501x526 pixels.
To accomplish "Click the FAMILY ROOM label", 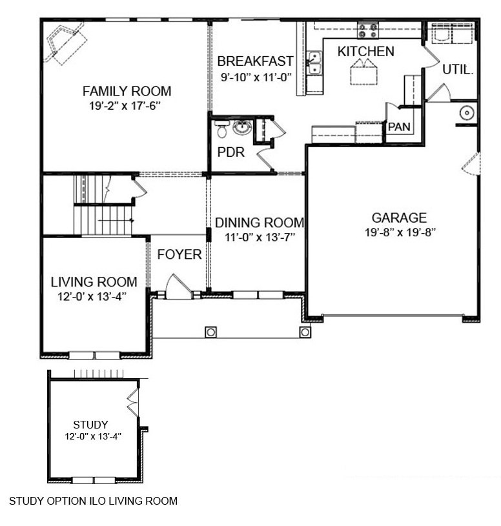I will [127, 91].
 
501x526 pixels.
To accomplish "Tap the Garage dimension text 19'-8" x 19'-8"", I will [398, 233].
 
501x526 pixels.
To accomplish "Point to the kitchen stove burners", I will [368, 30].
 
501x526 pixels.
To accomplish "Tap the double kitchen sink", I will [315, 65].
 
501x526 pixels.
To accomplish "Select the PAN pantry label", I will [398, 127].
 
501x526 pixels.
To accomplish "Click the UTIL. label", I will [458, 69].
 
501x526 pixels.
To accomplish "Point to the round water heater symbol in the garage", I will [467, 114].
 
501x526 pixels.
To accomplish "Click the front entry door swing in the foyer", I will [178, 285].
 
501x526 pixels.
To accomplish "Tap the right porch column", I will [305, 332].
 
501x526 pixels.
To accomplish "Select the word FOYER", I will [179, 255].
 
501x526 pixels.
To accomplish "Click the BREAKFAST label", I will [255, 61].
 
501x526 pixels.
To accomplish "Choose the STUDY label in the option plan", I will [90, 425].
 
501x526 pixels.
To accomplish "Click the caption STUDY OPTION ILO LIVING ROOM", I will [93, 500].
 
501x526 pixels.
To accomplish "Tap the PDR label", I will [229, 154].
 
